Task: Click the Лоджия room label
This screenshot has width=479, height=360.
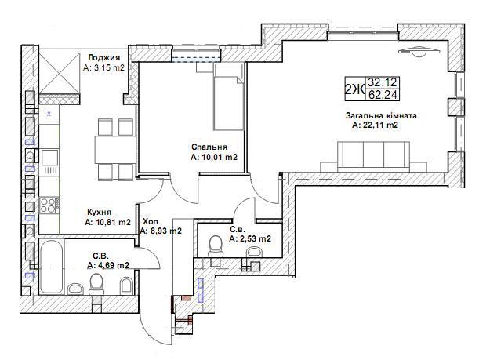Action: (x=103, y=58)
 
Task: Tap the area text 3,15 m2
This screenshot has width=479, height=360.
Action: (x=103, y=67)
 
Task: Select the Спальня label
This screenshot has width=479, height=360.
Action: (x=209, y=147)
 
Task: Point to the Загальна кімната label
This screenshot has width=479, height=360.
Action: (x=381, y=116)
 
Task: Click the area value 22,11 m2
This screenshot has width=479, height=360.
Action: (x=376, y=125)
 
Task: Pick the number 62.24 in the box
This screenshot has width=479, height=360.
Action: (x=383, y=96)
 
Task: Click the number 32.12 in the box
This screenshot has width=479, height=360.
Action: (x=382, y=82)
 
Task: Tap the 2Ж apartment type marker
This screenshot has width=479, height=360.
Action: (x=354, y=89)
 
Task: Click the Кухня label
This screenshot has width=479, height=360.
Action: (x=100, y=213)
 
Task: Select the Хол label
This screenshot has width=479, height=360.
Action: (x=151, y=221)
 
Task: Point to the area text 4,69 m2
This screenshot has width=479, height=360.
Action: (x=108, y=266)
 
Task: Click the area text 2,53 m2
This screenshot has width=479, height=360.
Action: (x=250, y=238)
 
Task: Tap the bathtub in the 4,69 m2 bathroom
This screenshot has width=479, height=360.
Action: (x=51, y=267)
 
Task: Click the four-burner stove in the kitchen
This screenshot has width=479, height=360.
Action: (x=49, y=205)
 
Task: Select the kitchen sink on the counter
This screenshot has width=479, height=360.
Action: (x=49, y=158)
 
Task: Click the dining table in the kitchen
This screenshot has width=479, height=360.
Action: (x=115, y=150)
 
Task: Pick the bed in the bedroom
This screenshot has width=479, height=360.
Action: (x=229, y=96)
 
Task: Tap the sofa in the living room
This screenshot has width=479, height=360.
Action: (x=373, y=156)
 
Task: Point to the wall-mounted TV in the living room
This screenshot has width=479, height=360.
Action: (x=419, y=51)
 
